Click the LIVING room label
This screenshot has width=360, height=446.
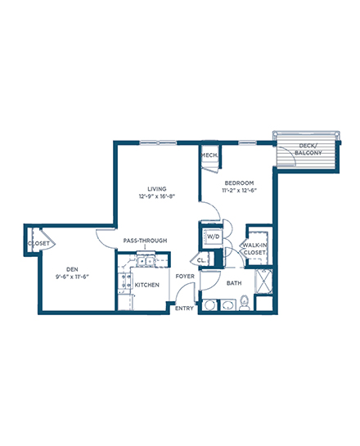point(157,189)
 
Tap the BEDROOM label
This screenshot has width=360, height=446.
point(239,182)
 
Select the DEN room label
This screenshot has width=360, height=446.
point(72,269)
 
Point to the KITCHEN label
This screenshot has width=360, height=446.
point(146,285)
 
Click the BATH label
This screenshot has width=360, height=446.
point(234,283)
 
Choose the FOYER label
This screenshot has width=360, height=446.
point(185,276)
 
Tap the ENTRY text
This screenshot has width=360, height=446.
point(184,309)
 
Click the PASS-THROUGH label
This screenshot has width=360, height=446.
point(145,241)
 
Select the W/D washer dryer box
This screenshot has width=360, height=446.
point(213,237)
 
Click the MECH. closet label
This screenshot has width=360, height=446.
point(209,155)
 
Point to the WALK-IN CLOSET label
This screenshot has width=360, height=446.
point(254,249)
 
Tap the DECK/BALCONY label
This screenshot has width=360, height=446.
point(308,149)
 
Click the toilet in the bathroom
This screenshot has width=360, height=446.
point(245,304)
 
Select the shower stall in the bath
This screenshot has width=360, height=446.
point(263,282)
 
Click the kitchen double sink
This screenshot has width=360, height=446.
point(145,260)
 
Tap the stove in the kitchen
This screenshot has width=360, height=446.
point(125,281)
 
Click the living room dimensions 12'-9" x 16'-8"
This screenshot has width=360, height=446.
point(157,196)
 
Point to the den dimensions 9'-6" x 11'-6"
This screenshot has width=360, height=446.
point(72,277)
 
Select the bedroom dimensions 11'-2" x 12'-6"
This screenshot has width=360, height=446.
point(239,191)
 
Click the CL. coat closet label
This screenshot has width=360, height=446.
point(201,260)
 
